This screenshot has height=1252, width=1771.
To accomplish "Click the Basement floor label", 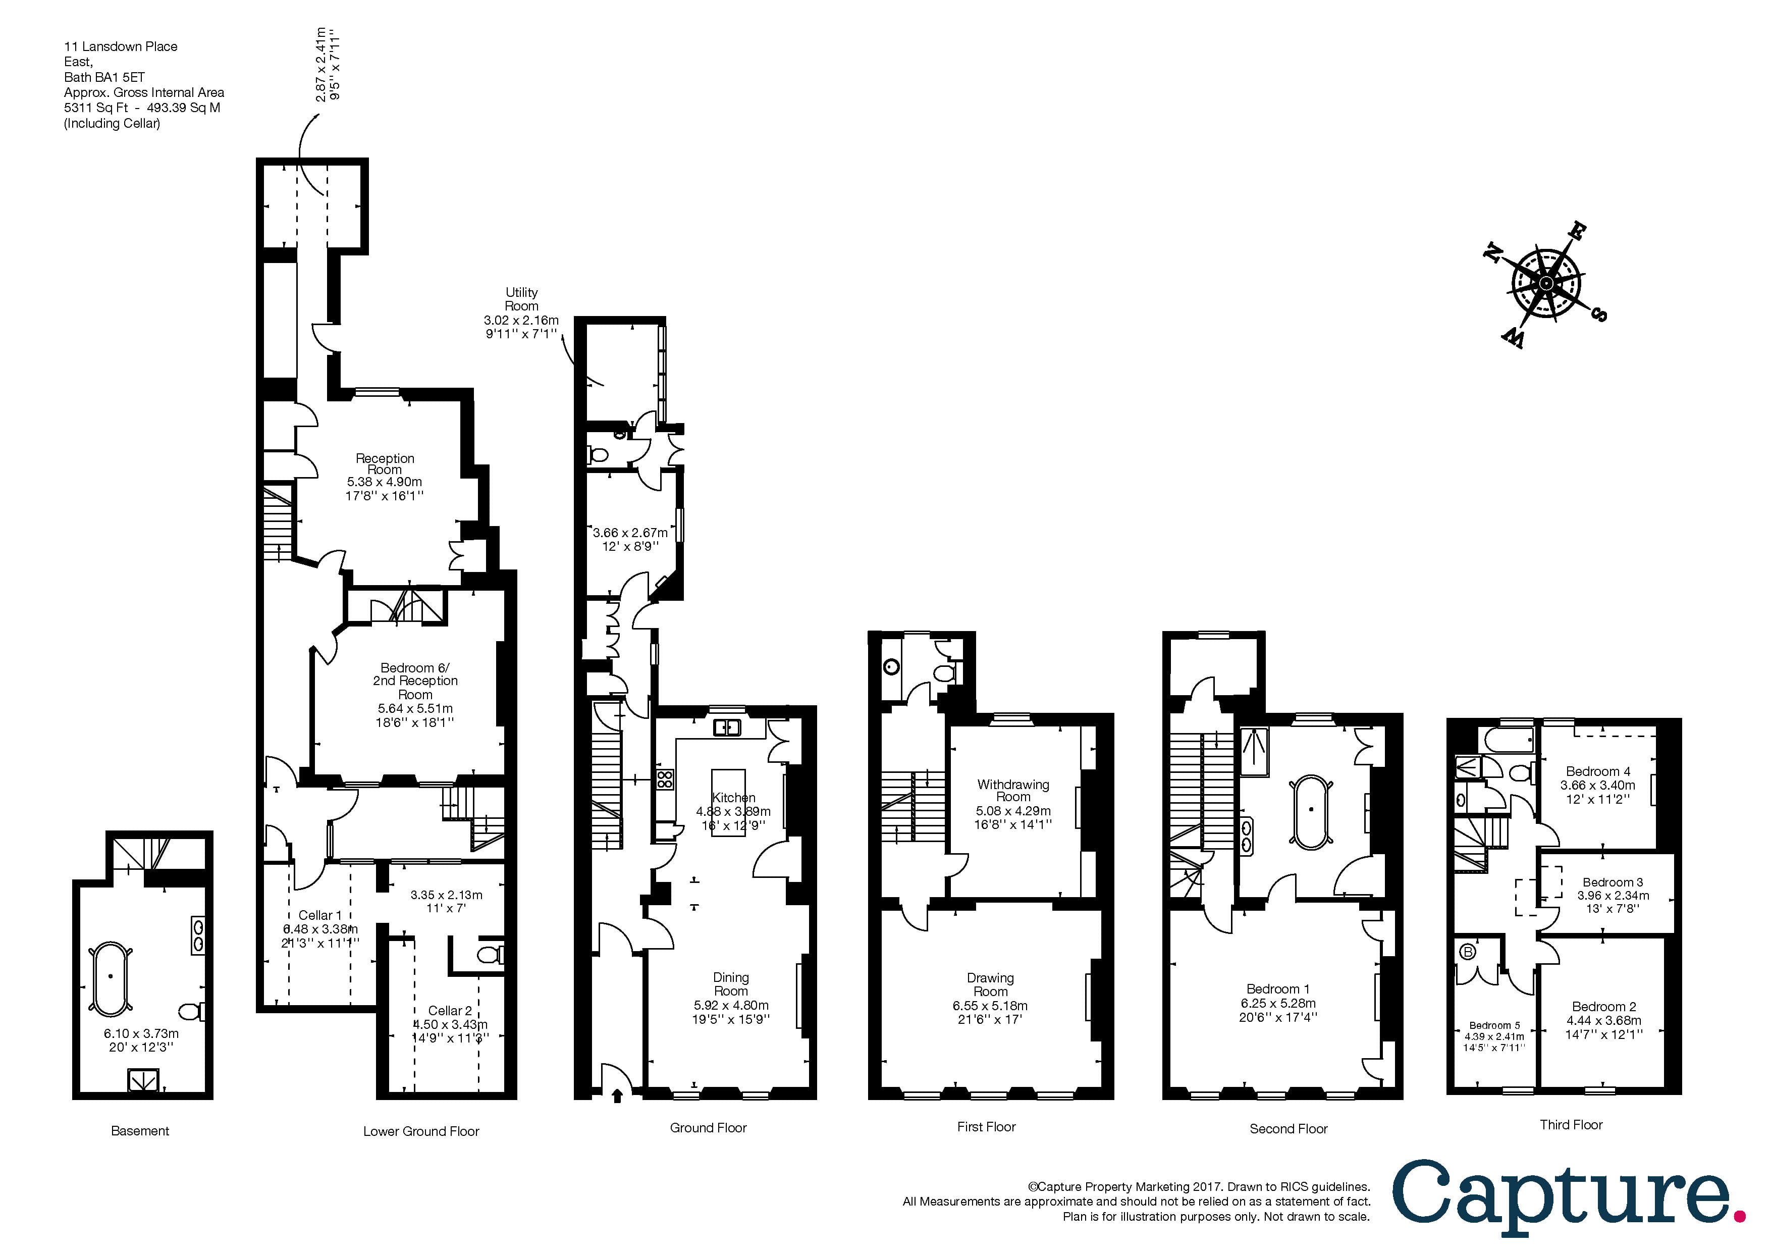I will (x=140, y=1131).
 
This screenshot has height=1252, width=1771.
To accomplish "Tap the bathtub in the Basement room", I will (x=111, y=976).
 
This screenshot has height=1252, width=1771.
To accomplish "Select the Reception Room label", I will (x=385, y=463).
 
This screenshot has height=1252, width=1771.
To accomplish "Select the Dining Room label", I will (x=730, y=984).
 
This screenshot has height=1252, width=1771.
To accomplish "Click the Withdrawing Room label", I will (x=1013, y=791).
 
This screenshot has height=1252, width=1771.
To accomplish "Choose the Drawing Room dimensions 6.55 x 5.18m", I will (x=990, y=1006).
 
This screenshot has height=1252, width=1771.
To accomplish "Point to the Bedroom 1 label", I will (x=1277, y=989).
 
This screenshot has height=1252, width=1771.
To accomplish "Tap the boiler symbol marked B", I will (x=1468, y=952).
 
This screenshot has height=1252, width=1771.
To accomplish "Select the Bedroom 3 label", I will (x=1612, y=882).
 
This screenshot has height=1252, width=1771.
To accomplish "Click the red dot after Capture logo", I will (x=1739, y=1217).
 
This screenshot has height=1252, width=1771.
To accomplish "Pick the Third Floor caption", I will (x=1571, y=1125).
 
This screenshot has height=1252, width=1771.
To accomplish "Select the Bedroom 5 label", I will (x=1494, y=1026).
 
